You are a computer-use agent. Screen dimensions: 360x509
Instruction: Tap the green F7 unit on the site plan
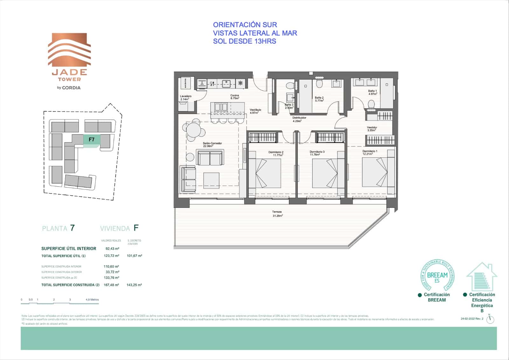click(92, 140)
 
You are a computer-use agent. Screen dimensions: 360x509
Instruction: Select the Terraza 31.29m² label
click(277, 214)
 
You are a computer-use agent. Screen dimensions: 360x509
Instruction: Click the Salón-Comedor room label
click(212, 145)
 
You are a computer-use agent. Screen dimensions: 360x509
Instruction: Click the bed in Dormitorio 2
click(265, 173)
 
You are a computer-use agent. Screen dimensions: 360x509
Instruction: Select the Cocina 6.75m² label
click(234, 97)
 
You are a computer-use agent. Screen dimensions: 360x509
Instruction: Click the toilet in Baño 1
click(371, 104)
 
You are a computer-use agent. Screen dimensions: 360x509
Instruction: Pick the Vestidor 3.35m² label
click(372, 129)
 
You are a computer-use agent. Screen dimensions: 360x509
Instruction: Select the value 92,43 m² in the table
click(112, 249)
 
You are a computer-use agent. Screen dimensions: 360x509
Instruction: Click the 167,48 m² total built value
click(111, 285)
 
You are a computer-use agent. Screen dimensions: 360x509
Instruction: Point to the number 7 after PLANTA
click(73, 228)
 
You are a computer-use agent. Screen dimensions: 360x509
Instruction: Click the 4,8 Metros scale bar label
click(92, 300)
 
